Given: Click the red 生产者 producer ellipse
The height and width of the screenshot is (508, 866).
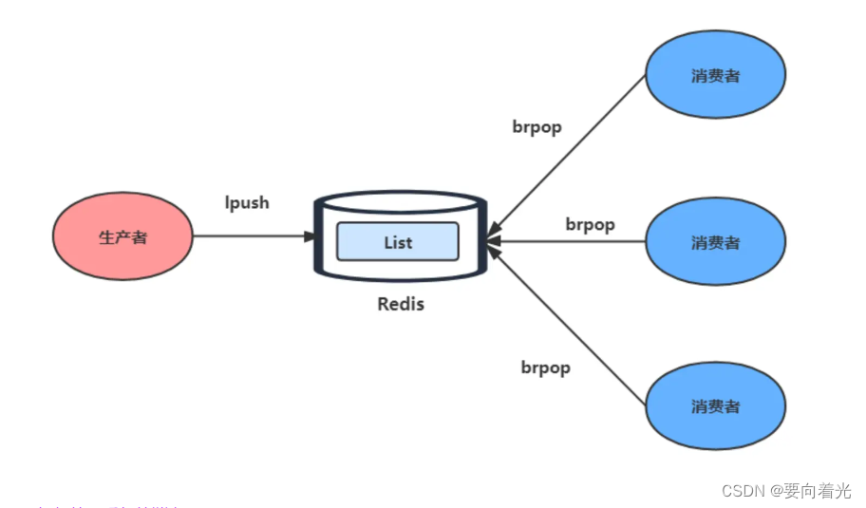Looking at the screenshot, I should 122,236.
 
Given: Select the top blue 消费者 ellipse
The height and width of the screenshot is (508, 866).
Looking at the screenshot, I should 715,76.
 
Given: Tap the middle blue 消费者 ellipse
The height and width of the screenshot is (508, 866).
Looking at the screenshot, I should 715,242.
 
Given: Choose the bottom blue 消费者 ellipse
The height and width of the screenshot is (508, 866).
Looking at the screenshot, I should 715,406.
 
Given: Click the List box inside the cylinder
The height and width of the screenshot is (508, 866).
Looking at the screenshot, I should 397,242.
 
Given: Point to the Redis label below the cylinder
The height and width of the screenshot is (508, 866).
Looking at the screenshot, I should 401,305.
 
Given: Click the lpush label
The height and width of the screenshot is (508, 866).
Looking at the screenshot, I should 247,202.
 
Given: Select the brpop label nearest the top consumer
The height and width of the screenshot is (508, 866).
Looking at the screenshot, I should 537,127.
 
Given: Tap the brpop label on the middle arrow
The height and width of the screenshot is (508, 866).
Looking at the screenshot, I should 590,225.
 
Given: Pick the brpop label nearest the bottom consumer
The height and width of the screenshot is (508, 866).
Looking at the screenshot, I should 545,367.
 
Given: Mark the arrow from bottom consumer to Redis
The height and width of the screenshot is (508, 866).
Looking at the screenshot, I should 570,323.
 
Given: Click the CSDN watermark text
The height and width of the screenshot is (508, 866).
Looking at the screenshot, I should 744,491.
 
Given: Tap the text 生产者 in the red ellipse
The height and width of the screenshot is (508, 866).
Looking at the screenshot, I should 122,237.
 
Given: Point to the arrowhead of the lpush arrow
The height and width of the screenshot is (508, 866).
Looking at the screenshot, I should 311,236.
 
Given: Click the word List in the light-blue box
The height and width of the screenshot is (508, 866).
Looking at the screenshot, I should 398,242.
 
